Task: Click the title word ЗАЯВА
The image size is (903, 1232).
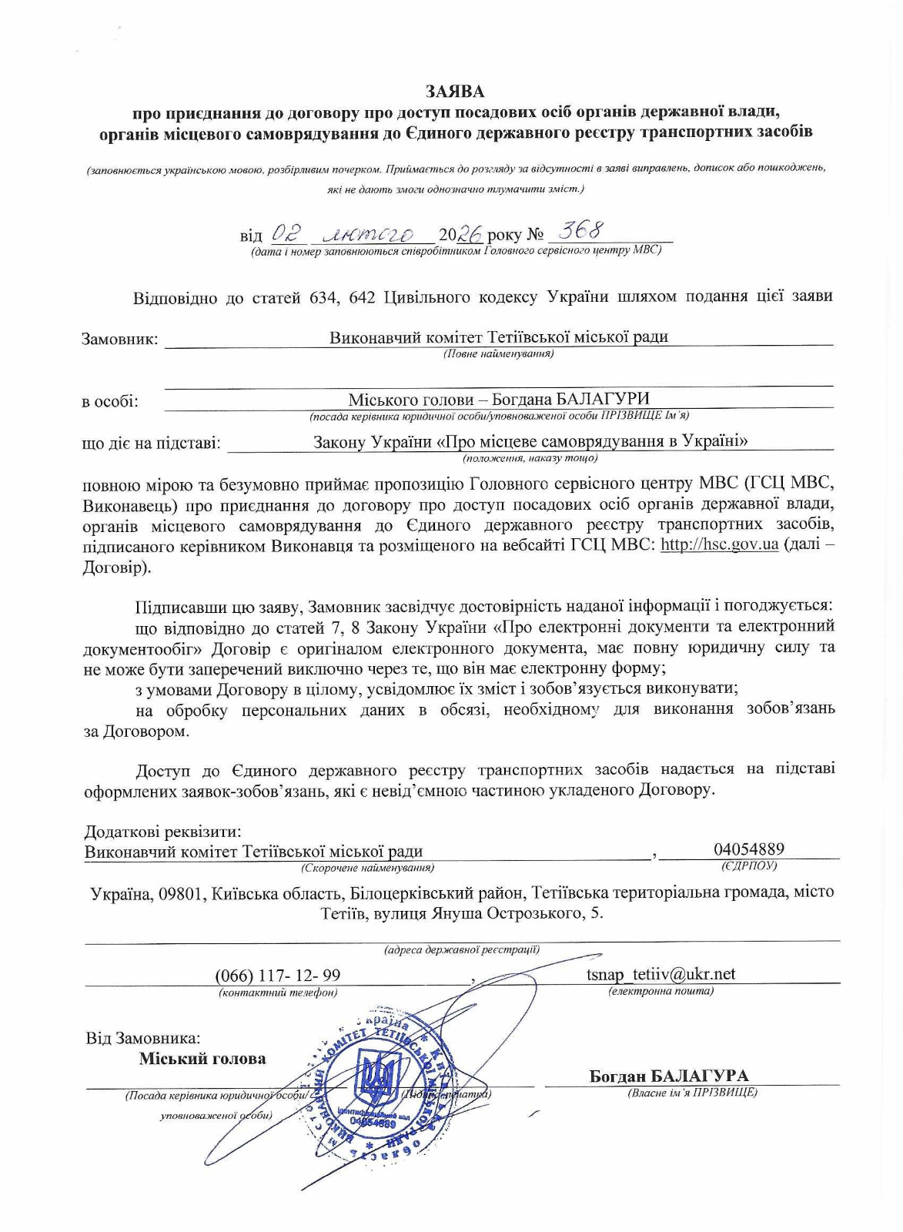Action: click(x=456, y=92)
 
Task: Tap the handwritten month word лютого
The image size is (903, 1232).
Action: click(x=369, y=233)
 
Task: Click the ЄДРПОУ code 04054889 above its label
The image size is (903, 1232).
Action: click(x=748, y=849)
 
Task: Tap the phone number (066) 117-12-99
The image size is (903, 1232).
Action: click(x=277, y=976)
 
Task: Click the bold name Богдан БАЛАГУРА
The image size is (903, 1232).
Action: click(x=668, y=1076)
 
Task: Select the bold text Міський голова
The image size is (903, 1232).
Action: click(x=202, y=1059)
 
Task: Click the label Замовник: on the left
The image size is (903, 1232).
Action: click(x=119, y=339)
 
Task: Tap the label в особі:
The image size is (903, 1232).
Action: click(x=110, y=402)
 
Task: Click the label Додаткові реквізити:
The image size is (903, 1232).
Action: click(x=162, y=832)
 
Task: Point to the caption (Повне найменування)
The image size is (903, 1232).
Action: click(x=498, y=354)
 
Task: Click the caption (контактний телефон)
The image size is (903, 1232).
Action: click(x=278, y=993)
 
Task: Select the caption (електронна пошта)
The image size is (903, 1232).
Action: click(x=661, y=991)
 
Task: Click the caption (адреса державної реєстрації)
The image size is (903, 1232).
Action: click(x=462, y=949)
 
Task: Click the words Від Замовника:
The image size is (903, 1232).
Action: click(x=142, y=1038)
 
